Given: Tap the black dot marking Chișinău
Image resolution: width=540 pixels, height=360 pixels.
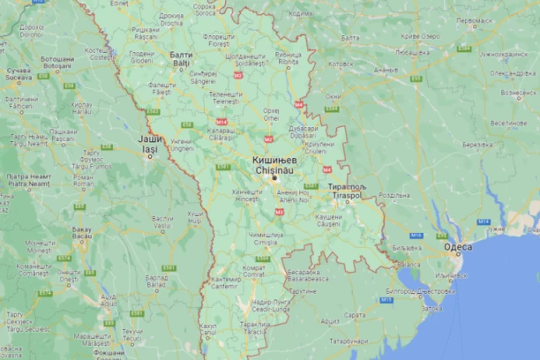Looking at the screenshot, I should pos(274,177).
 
